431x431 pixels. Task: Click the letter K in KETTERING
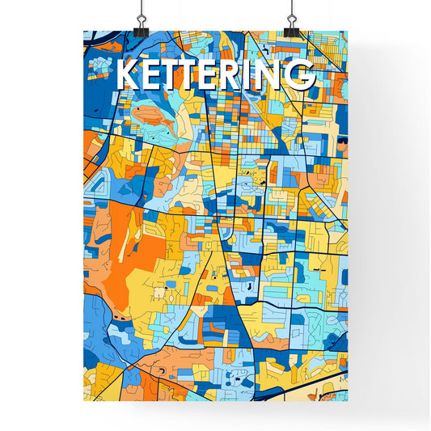[128, 74]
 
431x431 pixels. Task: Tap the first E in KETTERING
[150, 74]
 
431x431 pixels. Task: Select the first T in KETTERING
[171, 74]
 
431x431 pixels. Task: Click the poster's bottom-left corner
[84, 401]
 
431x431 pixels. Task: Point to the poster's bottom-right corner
[347, 401]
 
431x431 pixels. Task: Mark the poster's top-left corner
[84, 32]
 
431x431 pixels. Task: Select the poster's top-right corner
[347, 32]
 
